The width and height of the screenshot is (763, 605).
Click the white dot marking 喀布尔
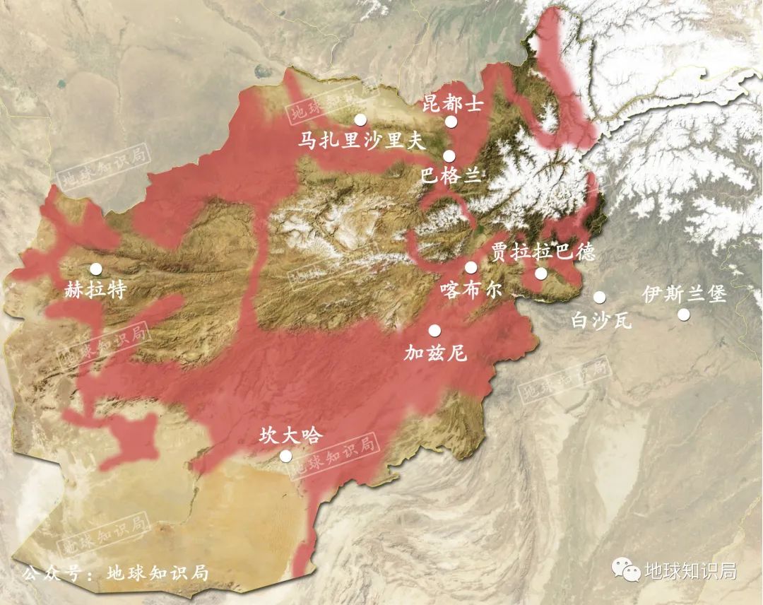pyautogui.click(x=471, y=267)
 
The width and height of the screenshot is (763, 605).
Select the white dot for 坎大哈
pyautogui.click(x=285, y=456)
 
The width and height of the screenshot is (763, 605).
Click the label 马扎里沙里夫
pyautogui.click(x=361, y=141)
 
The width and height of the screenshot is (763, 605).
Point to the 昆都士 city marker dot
pyautogui.click(x=451, y=122)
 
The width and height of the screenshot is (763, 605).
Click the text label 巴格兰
pyautogui.click(x=450, y=176)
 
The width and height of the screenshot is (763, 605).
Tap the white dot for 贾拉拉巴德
pyautogui.click(x=540, y=274)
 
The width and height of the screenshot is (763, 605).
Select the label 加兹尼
pyautogui.click(x=435, y=353)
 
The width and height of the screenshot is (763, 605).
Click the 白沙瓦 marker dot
pyautogui.click(x=599, y=297)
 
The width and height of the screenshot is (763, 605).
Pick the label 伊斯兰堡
pyautogui.click(x=684, y=294)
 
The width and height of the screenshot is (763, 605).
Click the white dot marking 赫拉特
pyautogui.click(x=95, y=269)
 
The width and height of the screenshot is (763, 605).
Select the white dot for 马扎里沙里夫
pyautogui.click(x=361, y=119)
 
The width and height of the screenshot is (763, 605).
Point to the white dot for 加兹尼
pyautogui.click(x=434, y=330)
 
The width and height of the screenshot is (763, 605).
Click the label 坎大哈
pyautogui.click(x=290, y=435)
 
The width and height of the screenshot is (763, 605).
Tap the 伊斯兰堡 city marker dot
pyautogui.click(x=683, y=314)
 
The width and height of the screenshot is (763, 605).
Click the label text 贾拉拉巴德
pyautogui.click(x=543, y=252)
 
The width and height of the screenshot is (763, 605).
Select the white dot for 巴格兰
pyautogui.click(x=449, y=156)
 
